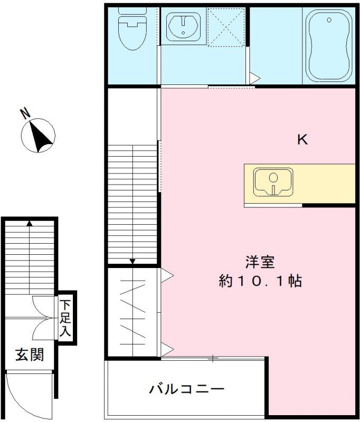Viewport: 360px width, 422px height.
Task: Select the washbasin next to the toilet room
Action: pos(183,25)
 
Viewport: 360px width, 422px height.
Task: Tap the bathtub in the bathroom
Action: pos(329,44)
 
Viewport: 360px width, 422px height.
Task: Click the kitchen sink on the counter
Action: pos(273,182)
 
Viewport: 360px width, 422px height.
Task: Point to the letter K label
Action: pos(302,140)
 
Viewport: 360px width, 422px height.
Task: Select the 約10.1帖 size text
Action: pos(260,281)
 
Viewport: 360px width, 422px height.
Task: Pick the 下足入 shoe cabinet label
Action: pos(65,318)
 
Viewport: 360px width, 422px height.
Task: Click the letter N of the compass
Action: pos(24,112)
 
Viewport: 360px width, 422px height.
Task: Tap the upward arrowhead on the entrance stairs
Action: pos(30,223)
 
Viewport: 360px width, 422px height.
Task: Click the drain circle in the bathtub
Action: pos(330,20)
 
